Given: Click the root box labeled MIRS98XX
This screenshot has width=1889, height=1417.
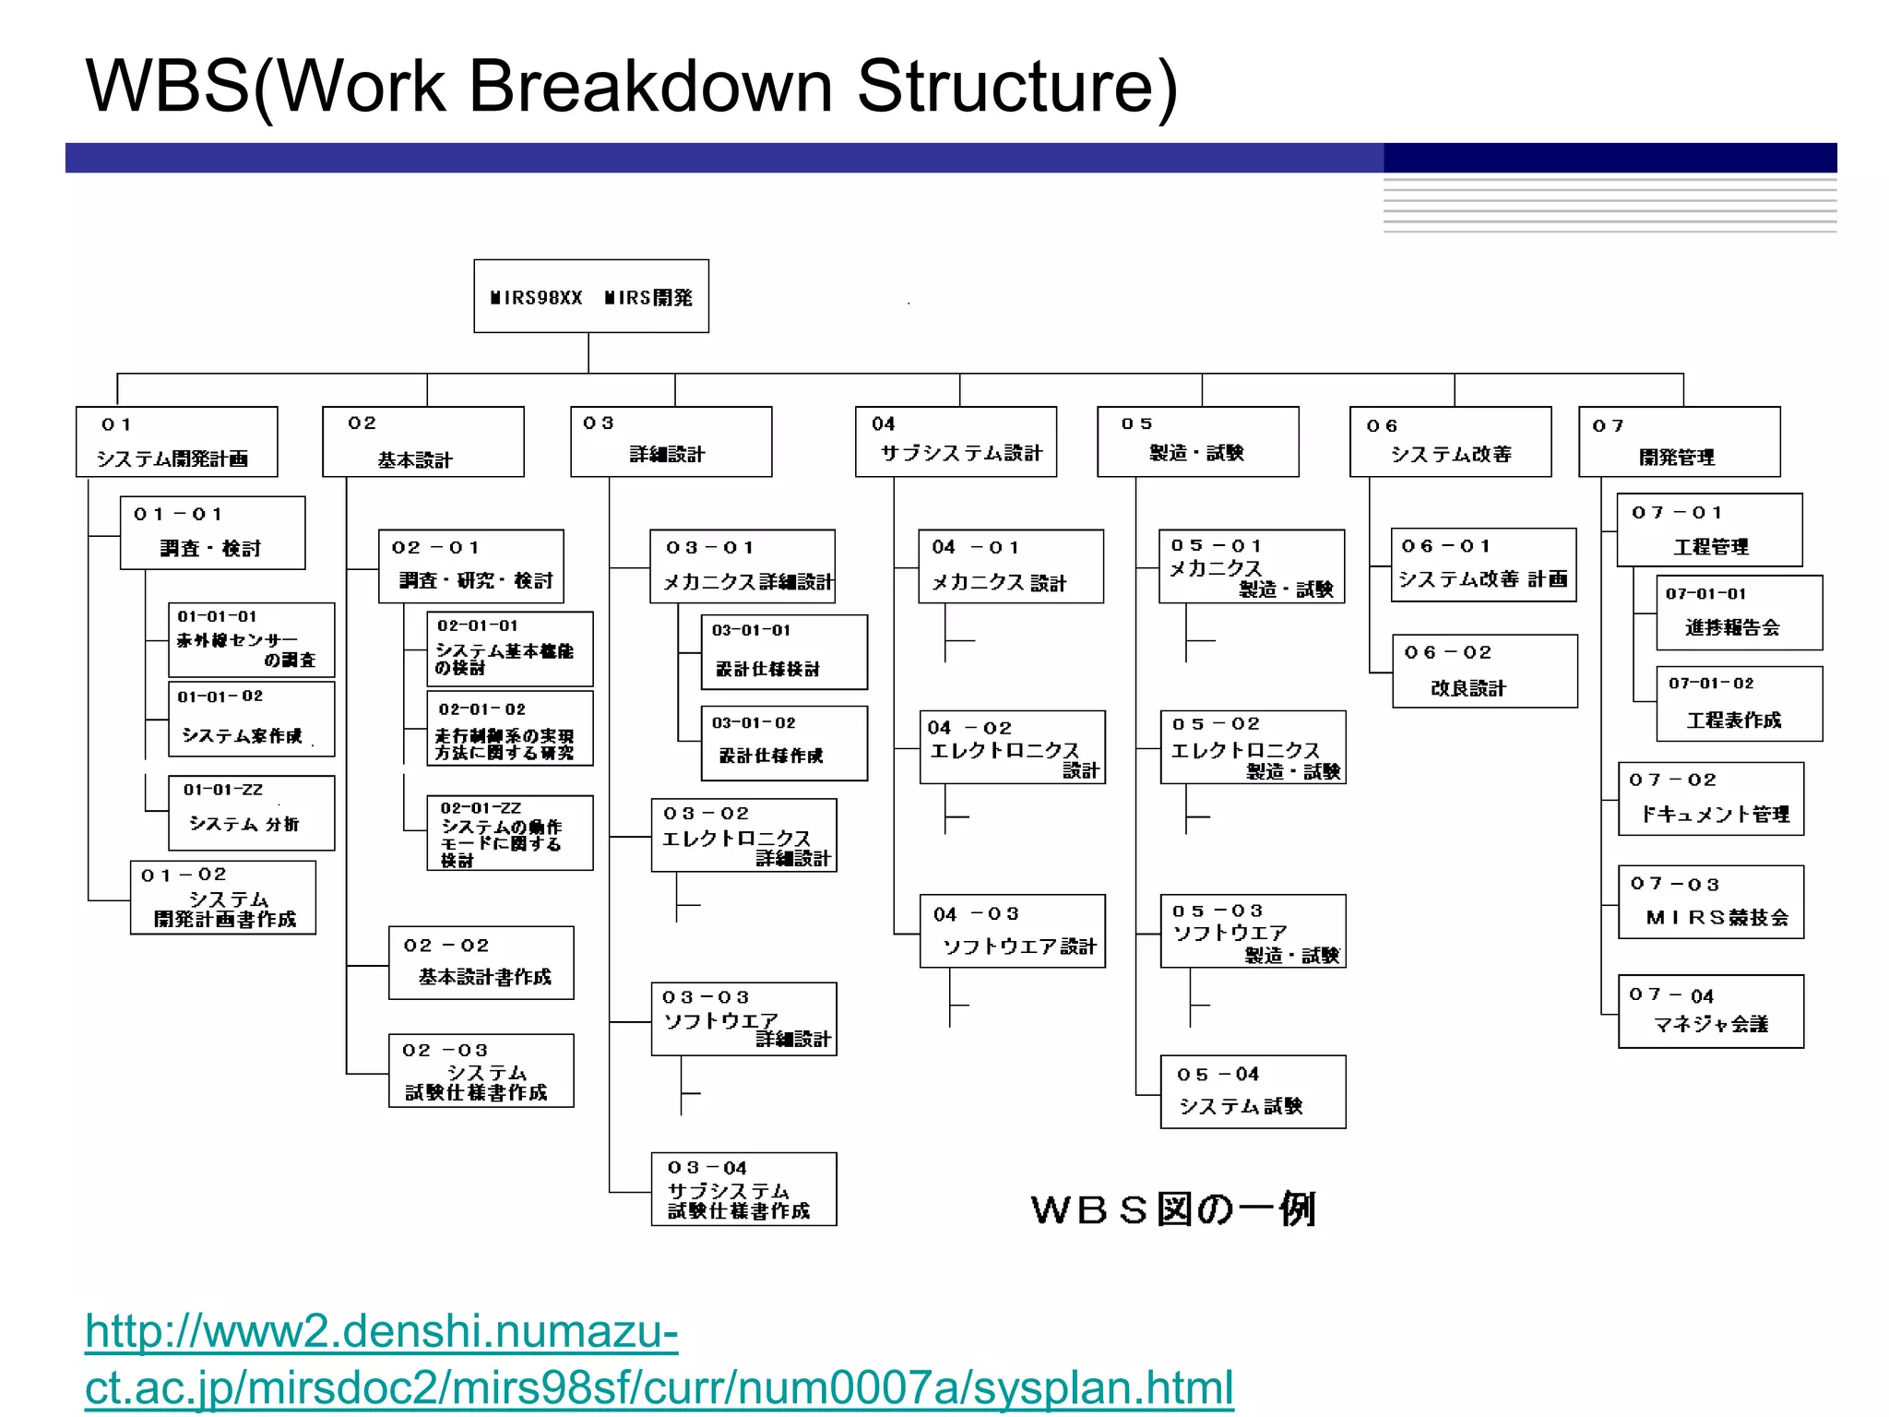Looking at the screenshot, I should (x=591, y=296).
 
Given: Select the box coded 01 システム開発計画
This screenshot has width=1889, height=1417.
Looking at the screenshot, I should (x=176, y=442).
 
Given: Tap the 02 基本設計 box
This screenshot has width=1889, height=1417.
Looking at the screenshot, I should (x=422, y=442).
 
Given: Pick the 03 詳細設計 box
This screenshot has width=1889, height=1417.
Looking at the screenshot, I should (x=671, y=442).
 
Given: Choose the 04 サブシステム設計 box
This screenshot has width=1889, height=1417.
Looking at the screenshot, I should (x=956, y=442).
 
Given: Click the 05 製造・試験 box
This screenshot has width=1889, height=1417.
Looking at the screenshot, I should (x=1197, y=442).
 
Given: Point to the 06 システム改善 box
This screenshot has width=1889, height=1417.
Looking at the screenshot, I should (x=1450, y=442).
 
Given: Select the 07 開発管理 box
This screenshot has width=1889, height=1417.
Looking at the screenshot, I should (x=1679, y=442).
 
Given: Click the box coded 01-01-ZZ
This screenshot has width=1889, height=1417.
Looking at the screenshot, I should (x=251, y=813).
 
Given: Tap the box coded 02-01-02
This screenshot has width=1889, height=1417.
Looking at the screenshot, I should (x=509, y=729).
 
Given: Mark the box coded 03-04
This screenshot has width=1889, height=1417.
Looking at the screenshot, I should (x=743, y=1189).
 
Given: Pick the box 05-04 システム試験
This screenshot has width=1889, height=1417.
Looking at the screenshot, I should (x=1253, y=1092).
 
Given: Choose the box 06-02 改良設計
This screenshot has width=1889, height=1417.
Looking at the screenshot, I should (x=1484, y=672).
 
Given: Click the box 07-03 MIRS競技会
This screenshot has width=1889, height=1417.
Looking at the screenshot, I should (x=1710, y=902).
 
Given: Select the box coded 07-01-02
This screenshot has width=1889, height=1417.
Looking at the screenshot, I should (x=1739, y=704).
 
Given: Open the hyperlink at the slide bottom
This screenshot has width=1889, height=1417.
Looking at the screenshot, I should (x=659, y=1360).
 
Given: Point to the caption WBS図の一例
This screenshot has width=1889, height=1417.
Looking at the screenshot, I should (x=1173, y=1209).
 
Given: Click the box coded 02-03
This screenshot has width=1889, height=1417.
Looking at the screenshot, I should (x=481, y=1071).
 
